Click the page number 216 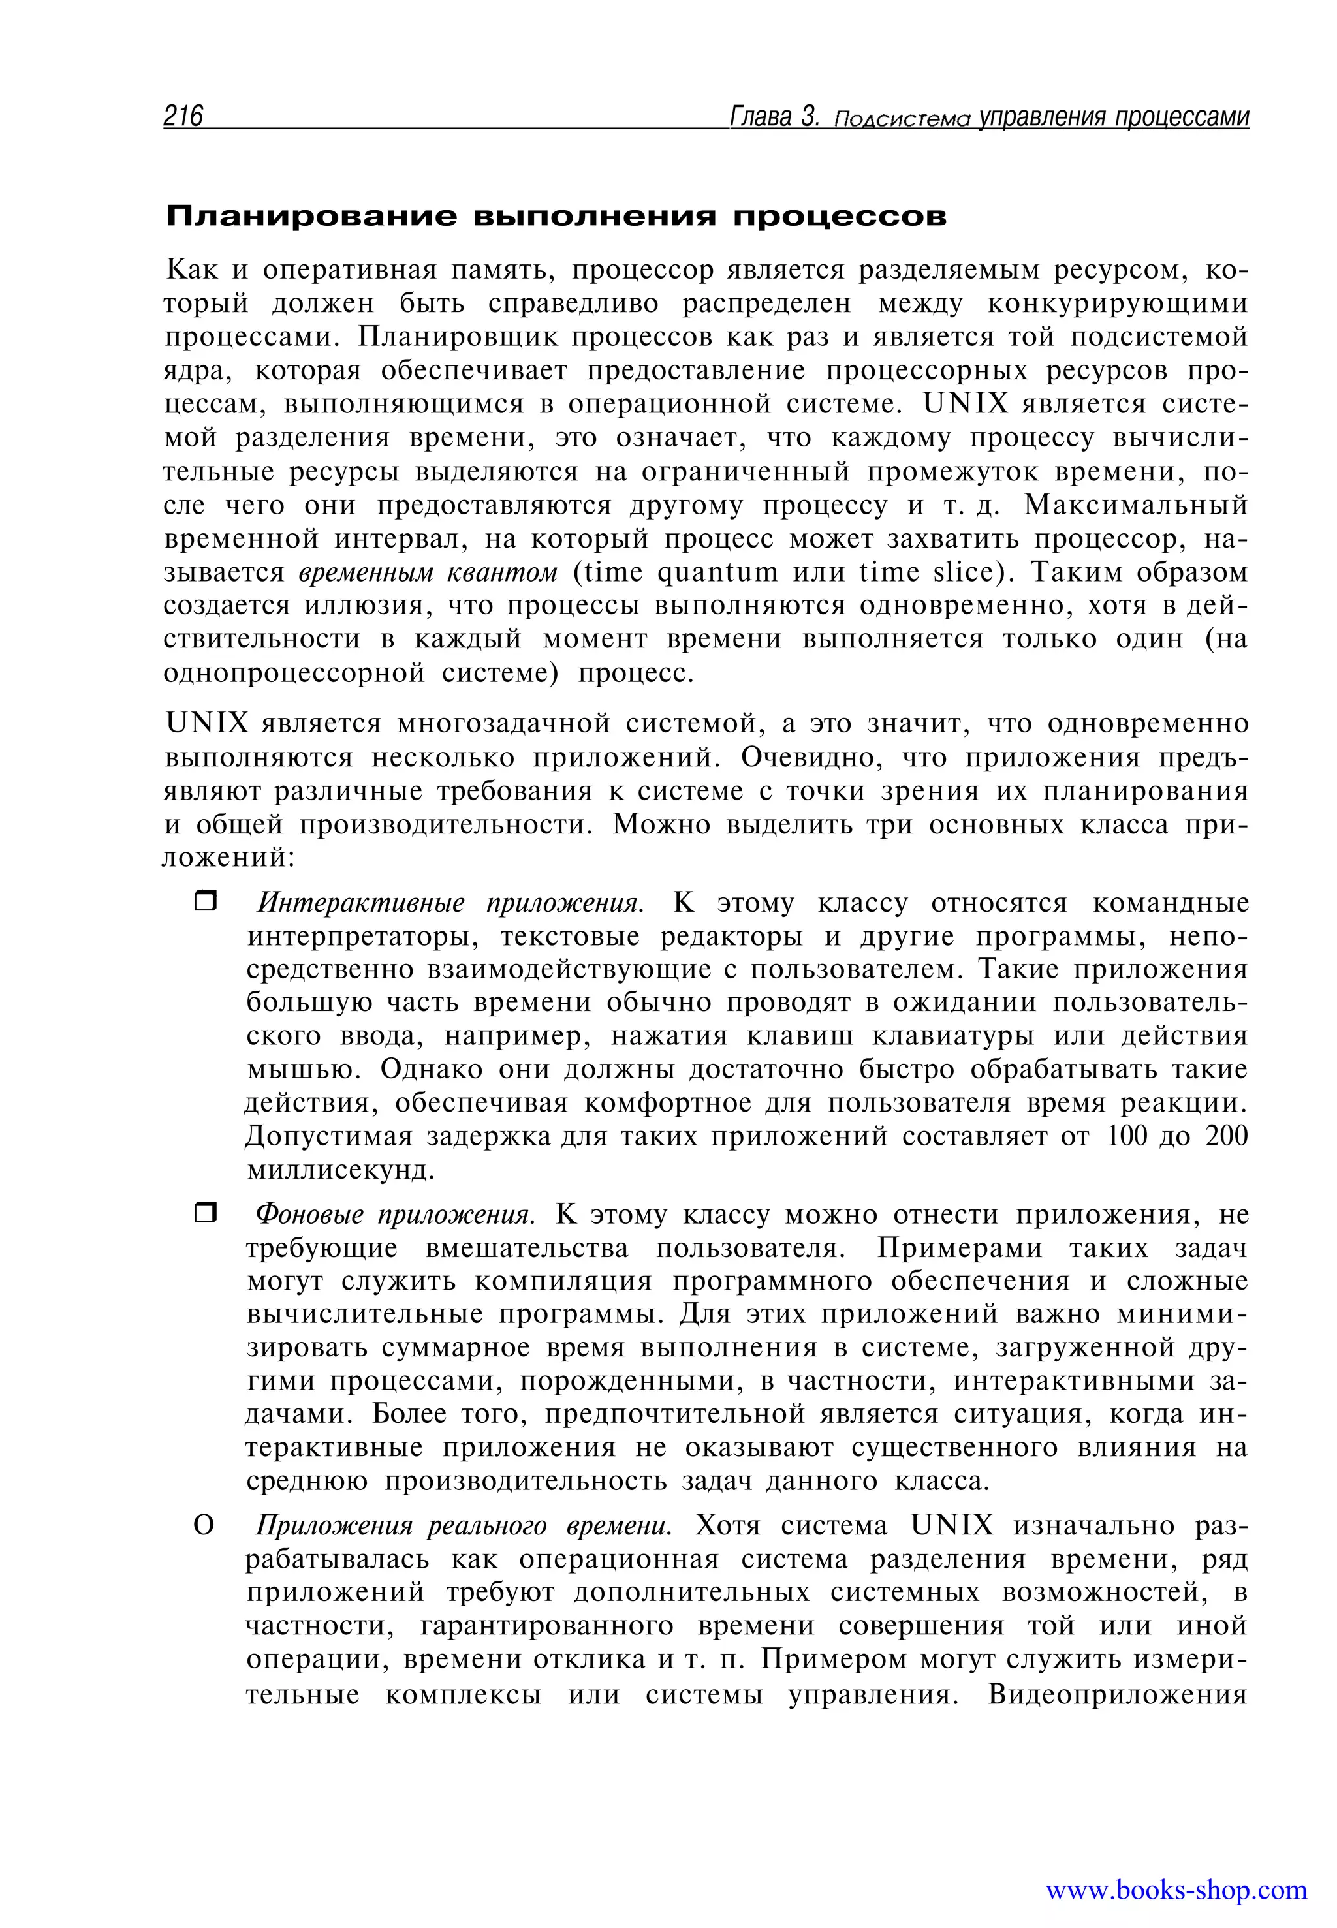183,116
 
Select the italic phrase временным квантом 427,573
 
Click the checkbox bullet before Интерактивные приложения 205,902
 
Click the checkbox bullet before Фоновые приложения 205,1213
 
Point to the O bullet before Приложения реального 204,1526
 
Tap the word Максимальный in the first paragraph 1136,506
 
